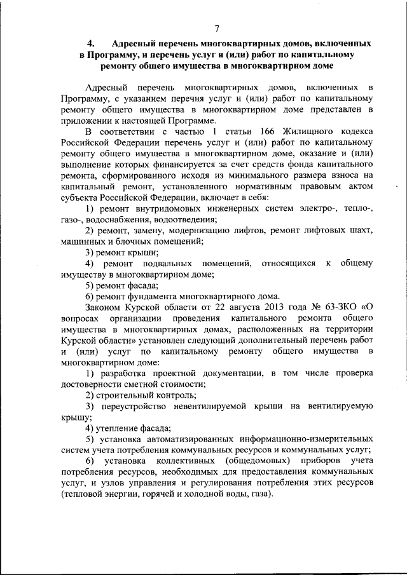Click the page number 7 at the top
click(x=216, y=28)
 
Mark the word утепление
click(x=121, y=430)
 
